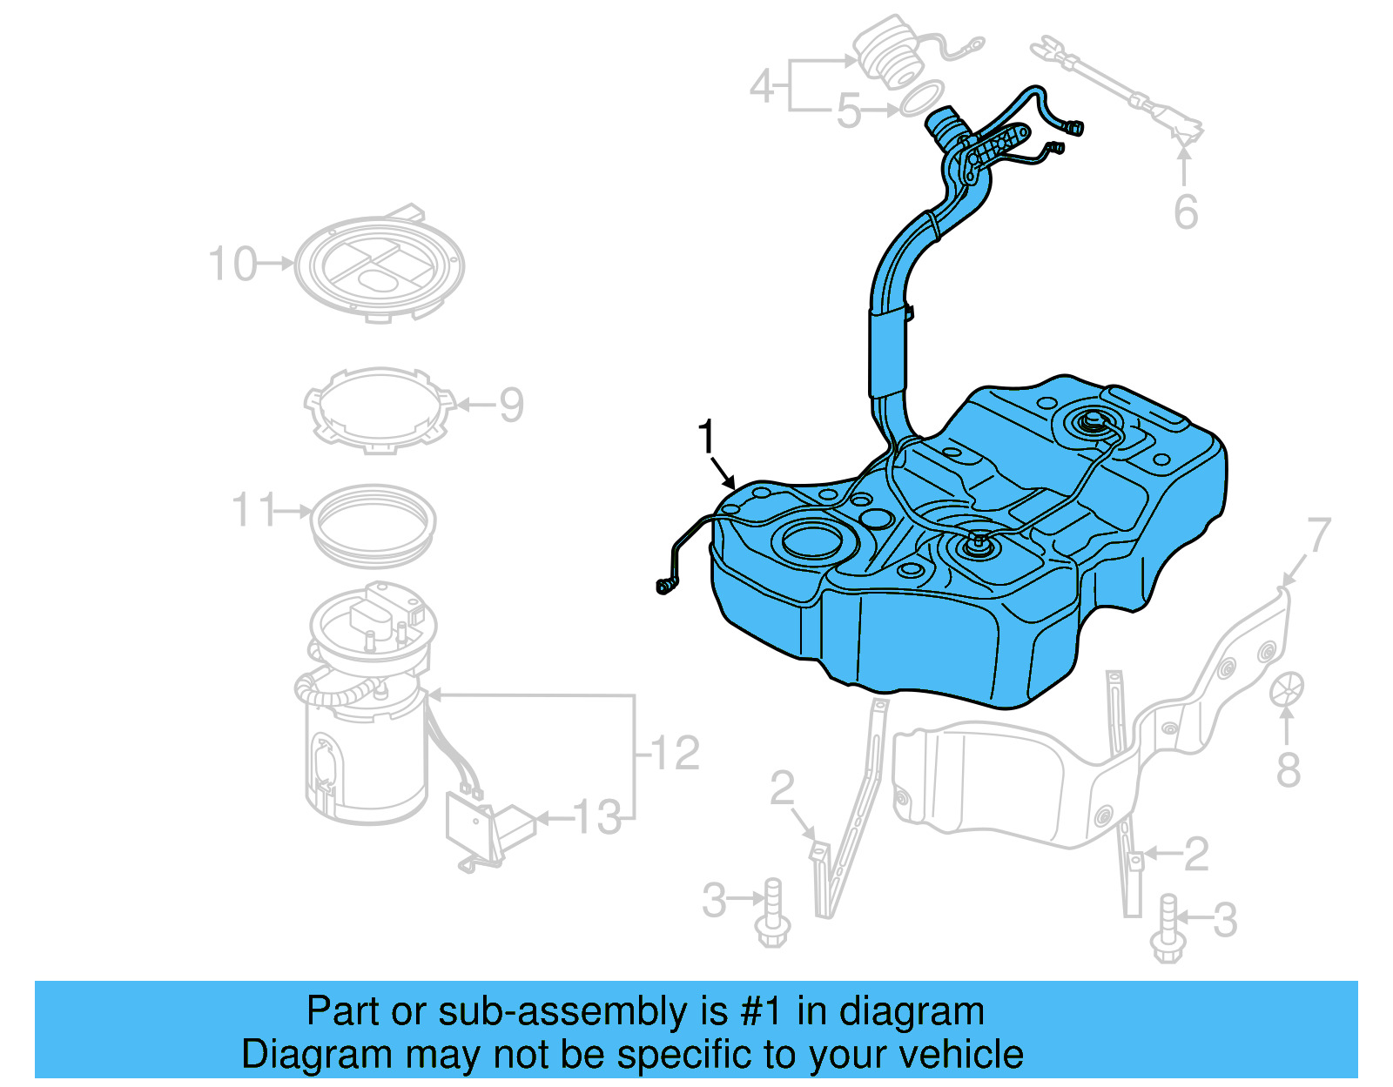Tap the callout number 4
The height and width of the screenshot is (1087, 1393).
762,85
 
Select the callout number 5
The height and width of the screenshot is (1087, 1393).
848,111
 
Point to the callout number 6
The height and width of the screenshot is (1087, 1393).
1186,212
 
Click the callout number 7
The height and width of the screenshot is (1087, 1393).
1319,534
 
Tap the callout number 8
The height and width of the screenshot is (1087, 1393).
1289,769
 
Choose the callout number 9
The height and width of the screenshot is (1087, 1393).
511,405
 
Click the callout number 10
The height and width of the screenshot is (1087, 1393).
233,264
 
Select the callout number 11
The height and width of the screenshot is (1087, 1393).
254,510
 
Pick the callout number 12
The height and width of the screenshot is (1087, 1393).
676,753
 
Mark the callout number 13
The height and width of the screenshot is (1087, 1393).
598,818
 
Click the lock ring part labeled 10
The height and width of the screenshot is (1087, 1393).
379,266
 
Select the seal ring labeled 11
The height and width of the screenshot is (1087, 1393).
373,523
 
